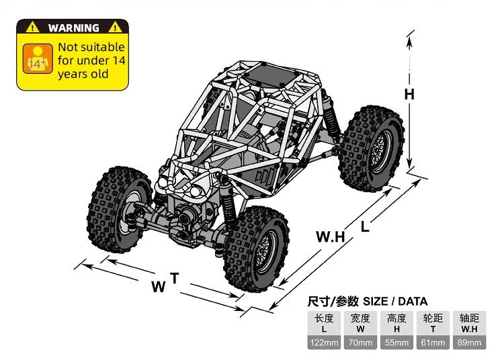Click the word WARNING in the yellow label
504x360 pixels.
[x=74, y=28]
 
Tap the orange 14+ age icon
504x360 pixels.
[x=38, y=59]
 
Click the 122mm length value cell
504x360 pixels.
[x=324, y=343]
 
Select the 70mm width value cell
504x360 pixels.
[x=360, y=343]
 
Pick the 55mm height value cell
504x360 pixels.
[x=396, y=343]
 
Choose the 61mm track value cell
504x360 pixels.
[x=433, y=343]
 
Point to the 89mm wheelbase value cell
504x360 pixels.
[x=469, y=343]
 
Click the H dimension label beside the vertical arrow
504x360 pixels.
[x=409, y=95]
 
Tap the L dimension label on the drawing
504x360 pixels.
[x=365, y=227]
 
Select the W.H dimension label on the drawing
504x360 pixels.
[x=331, y=236]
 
